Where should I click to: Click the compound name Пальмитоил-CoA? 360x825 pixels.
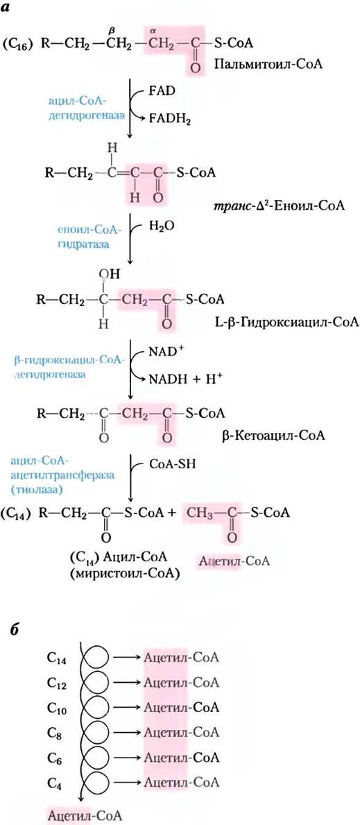268,65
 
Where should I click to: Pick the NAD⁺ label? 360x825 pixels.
160,350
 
